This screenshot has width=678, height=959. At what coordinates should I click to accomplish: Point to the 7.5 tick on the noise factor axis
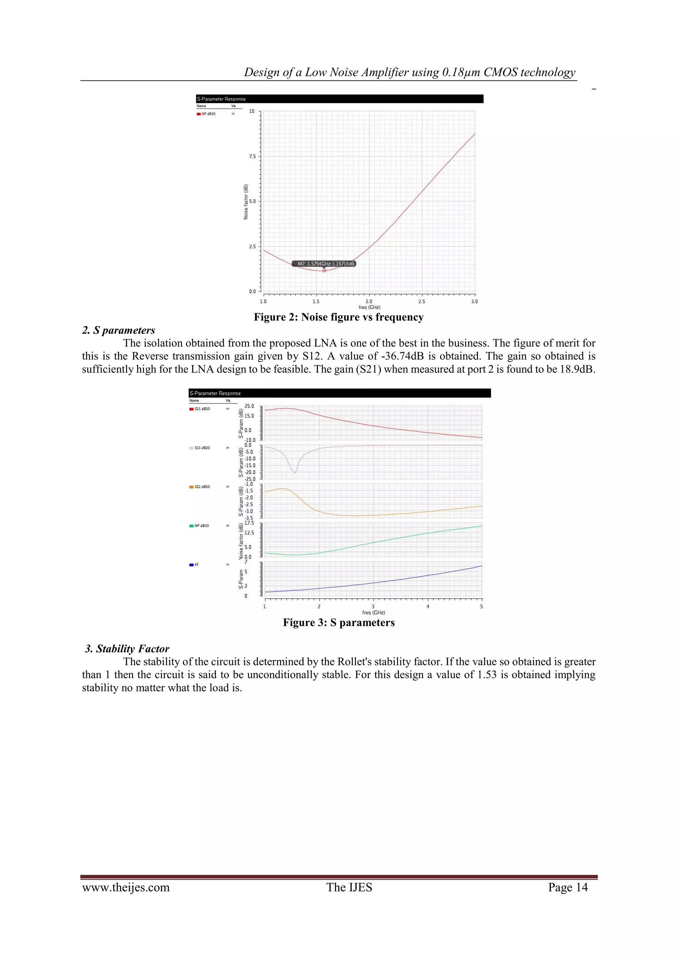(252, 157)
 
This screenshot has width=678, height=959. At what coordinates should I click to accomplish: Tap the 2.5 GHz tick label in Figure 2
(422, 301)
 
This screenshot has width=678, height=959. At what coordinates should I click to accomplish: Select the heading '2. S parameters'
(119, 330)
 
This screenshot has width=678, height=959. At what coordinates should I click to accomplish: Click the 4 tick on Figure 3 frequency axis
(427, 606)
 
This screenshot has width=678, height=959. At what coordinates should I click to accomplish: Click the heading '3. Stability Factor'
(127, 649)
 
